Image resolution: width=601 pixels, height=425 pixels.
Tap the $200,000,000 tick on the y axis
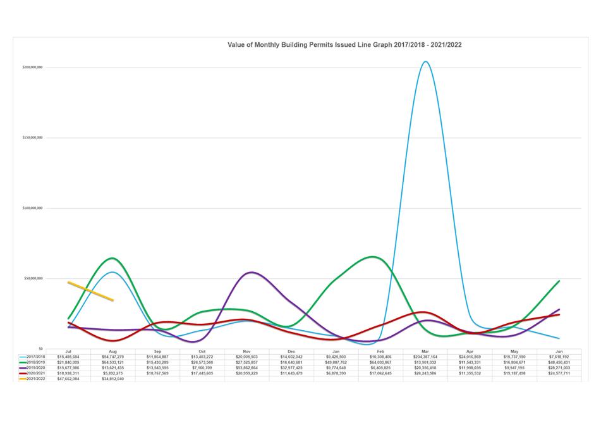point(32,67)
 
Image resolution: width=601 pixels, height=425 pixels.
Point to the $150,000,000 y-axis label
point(32,137)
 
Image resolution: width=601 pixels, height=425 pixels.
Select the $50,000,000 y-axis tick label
point(33,278)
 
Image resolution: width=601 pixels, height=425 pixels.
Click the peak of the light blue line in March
point(425,62)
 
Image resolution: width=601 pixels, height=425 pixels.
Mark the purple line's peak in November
point(252,273)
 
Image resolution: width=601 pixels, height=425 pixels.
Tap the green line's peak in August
point(112,258)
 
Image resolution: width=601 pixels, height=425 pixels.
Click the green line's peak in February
point(373,257)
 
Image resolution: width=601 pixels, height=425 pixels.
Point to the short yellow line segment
point(90,291)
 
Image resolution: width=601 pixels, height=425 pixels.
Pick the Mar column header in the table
point(425,350)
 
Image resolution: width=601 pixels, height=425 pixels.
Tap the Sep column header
point(157,350)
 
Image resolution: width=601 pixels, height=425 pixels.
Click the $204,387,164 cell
point(425,356)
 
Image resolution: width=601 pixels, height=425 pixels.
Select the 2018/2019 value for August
point(112,362)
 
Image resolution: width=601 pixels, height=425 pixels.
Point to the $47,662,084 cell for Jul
point(68,379)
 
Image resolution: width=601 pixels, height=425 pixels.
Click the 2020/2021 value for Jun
point(559,373)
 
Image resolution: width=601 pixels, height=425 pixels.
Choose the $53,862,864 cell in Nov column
point(246,367)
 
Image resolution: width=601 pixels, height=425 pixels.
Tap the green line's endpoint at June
point(559,281)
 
